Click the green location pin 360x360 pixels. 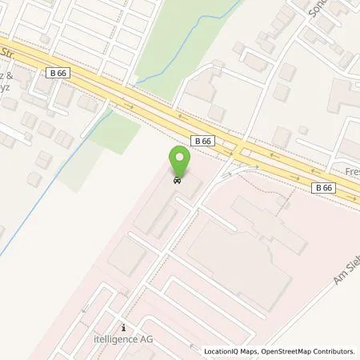(x=181, y=163)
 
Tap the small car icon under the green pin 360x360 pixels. (x=181, y=181)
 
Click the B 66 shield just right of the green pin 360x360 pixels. (x=204, y=140)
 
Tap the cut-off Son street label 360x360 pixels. (x=317, y=8)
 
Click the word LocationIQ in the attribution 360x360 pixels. (x=222, y=351)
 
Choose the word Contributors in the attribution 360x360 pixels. (x=334, y=351)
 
